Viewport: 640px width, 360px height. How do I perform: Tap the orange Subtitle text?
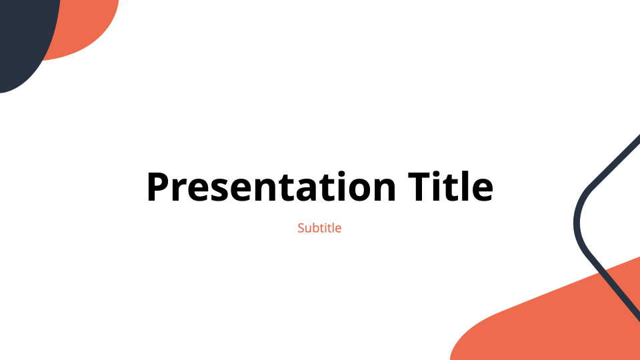pos(319,228)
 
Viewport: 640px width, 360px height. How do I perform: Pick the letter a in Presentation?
pos(311,190)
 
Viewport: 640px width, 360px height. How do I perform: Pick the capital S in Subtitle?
pos(301,228)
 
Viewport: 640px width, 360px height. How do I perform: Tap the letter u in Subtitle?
pos(308,229)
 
